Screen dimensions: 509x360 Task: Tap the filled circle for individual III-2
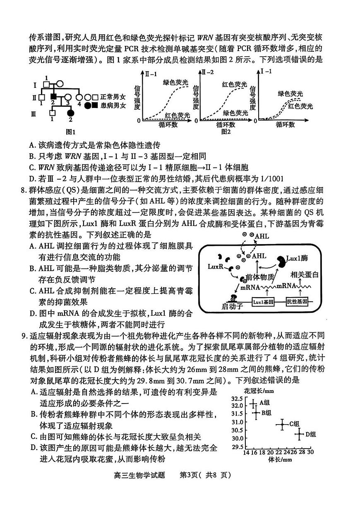click(70, 113)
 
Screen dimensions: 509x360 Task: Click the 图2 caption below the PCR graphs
click(226, 132)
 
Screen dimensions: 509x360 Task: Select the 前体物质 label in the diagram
click(259, 276)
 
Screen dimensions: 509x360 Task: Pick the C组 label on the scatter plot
click(295, 424)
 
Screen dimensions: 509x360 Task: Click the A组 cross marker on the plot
click(253, 403)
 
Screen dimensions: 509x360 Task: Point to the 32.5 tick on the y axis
click(237, 399)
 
